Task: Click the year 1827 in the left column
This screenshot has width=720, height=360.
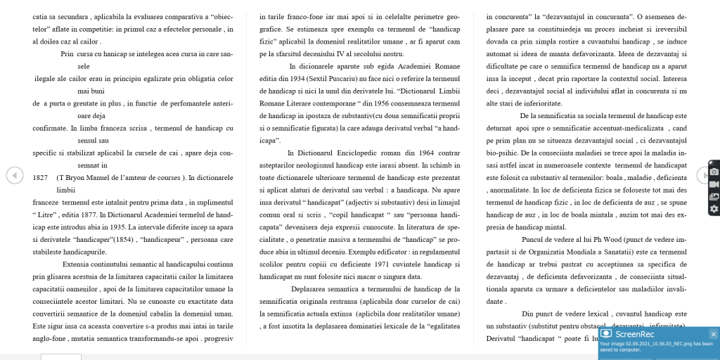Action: coord(40,177)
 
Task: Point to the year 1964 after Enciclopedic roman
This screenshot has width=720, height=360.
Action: coord(425,153)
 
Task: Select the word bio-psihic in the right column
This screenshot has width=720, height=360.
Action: coord(501,153)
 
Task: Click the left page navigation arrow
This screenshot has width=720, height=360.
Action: coord(15,175)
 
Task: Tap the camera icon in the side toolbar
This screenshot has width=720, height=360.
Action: coord(714,172)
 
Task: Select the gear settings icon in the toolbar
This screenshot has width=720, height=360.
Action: coord(714,209)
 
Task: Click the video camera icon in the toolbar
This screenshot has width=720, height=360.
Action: coord(714,184)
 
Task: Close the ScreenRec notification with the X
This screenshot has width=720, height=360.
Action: coord(713,334)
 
